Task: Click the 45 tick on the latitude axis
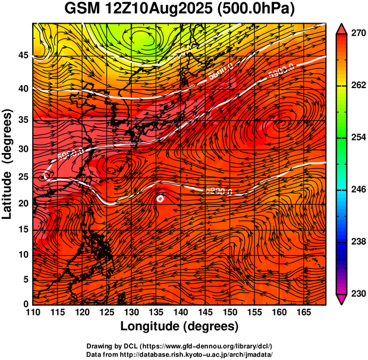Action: click(22, 55)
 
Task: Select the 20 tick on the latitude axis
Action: click(22, 203)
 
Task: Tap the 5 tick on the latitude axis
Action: click(26, 279)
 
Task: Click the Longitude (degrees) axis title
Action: click(180, 327)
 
